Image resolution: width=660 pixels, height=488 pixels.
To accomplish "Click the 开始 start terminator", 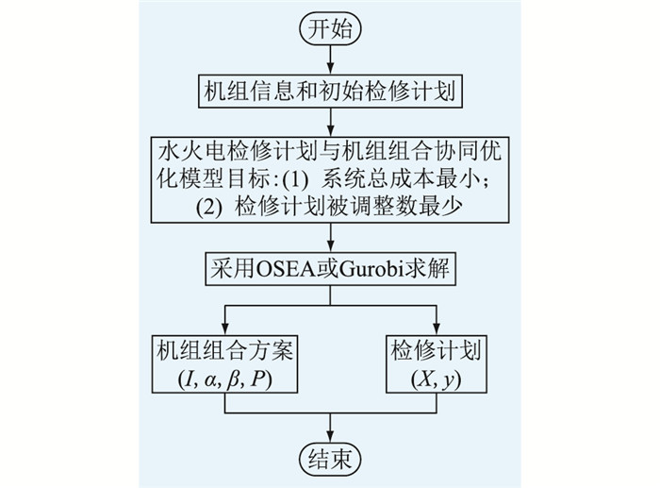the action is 330,29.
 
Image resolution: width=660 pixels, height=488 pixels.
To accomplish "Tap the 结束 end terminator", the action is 330,459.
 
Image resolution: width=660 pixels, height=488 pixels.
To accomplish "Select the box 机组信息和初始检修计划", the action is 330,92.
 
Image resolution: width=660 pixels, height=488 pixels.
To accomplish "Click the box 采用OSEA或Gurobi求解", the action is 330,269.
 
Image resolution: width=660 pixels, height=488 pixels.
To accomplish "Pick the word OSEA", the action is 286,269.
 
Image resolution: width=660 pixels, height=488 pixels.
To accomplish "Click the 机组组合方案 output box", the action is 224,364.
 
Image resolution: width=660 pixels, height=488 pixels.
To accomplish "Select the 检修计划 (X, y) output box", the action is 437,364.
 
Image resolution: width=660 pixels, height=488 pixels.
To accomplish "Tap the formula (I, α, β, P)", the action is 224,379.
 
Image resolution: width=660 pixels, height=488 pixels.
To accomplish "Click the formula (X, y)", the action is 436,379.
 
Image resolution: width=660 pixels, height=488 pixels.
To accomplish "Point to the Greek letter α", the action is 209,380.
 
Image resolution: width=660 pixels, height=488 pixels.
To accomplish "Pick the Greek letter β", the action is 233,379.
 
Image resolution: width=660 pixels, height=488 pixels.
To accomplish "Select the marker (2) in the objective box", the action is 208,208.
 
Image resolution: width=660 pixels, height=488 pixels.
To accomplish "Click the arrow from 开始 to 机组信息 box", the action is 330,59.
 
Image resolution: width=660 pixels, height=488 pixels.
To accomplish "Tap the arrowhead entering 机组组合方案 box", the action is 224,329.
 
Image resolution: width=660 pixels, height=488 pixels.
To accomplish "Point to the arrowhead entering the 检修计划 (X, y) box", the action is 437,329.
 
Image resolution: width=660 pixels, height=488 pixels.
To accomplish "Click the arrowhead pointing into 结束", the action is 330,437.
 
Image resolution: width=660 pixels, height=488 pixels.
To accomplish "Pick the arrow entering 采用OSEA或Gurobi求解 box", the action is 330,238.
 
